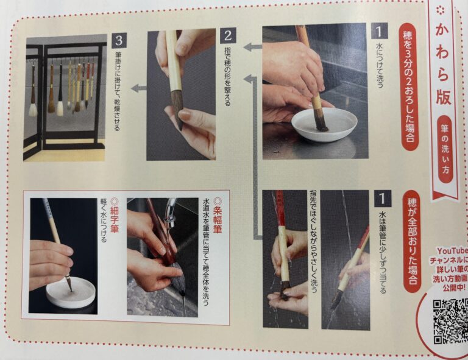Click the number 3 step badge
point(119,41)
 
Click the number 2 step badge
point(229,36)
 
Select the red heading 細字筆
point(115,216)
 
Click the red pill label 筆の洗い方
point(445,149)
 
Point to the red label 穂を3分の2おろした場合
point(409,87)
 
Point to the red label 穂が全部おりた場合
point(413,241)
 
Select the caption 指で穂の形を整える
point(227,77)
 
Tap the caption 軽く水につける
point(104,220)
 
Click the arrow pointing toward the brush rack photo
point(139,88)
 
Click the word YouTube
point(453,250)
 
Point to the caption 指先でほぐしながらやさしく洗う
point(313,242)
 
